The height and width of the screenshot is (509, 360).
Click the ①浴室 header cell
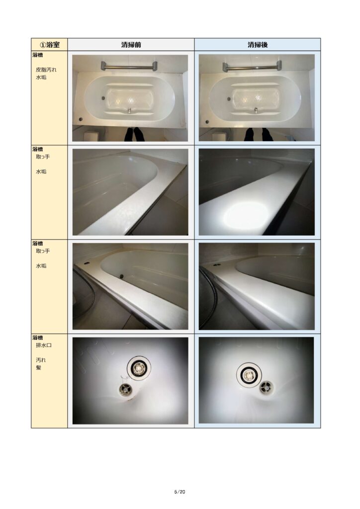click(x=49, y=44)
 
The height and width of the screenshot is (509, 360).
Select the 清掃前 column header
click(x=131, y=44)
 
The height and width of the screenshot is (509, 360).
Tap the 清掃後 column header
click(x=258, y=44)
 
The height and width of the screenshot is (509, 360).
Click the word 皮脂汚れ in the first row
click(x=46, y=70)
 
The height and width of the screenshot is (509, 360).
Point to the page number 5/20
click(x=180, y=492)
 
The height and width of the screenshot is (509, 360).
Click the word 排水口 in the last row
click(x=43, y=345)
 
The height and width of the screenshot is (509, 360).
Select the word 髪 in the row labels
click(x=39, y=367)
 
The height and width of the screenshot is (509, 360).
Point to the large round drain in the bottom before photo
click(x=139, y=368)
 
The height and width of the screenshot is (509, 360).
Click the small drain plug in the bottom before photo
click(x=124, y=389)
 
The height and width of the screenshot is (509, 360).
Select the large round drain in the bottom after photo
click(x=249, y=375)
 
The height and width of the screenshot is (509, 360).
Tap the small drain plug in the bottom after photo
click(x=266, y=387)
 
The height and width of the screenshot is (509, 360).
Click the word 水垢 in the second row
click(x=41, y=171)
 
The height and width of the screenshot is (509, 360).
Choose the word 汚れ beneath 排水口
click(x=41, y=360)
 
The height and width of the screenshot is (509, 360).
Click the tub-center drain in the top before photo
click(x=129, y=110)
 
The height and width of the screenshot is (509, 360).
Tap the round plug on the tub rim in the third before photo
click(x=122, y=276)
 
